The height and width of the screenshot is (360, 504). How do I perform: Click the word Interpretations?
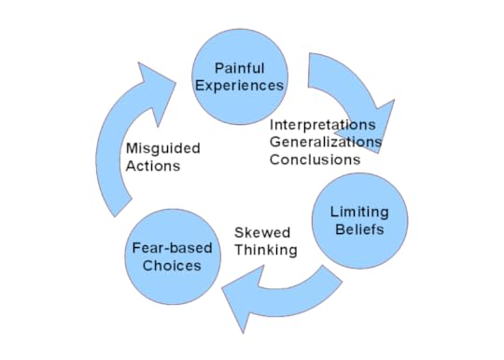pos(323,124)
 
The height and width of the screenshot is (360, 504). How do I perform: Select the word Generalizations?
pos(325,142)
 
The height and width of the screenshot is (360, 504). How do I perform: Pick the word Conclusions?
pos(315,159)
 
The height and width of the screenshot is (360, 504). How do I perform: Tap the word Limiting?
pos(359,213)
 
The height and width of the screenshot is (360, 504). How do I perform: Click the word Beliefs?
pos(359,229)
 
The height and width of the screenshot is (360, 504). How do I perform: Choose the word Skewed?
pos(262,232)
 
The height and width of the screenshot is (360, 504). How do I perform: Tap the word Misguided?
pos(162,149)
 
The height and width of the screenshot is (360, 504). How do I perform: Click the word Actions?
pos(152,167)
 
